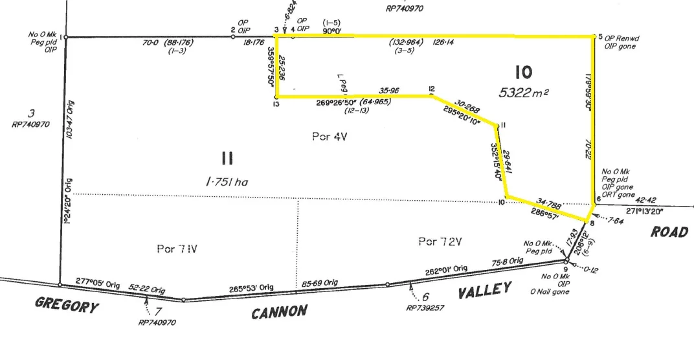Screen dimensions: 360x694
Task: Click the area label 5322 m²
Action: click(524, 93)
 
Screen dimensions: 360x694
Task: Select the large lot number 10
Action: click(524, 71)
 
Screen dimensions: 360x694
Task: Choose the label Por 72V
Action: click(439, 242)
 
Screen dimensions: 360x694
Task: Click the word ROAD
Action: click(669, 232)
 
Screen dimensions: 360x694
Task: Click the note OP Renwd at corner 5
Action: click(621, 38)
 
